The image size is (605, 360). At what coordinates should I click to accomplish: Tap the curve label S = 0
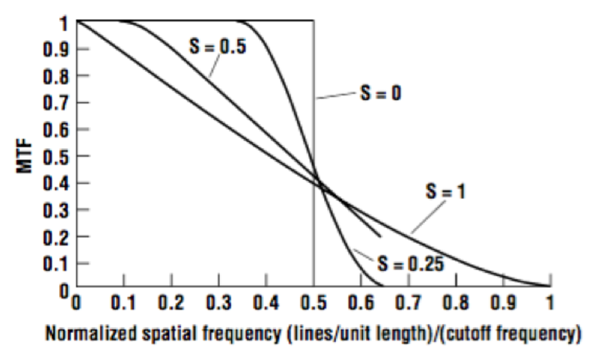380,94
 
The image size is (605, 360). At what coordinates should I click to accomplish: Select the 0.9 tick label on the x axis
503,303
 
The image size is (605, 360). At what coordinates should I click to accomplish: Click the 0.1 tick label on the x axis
123,303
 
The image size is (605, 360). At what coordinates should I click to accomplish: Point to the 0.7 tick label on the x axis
408,303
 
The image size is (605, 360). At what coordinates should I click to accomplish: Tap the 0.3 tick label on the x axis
218,303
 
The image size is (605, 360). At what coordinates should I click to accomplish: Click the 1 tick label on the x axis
550,303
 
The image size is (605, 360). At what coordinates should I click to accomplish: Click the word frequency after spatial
235,331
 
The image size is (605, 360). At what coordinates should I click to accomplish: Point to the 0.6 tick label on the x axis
361,303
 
